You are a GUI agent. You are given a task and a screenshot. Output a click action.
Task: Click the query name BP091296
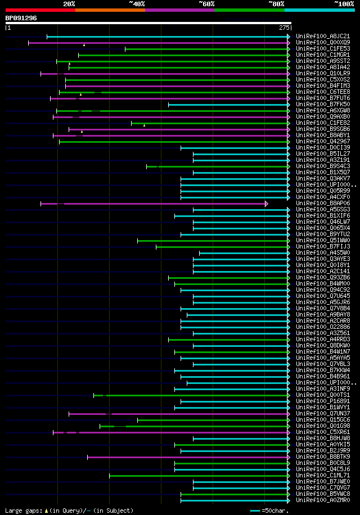[x=21, y=18]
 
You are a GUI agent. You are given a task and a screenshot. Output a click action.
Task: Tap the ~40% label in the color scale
[x=137, y=4]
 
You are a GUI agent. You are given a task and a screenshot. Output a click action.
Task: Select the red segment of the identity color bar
[x=40, y=10]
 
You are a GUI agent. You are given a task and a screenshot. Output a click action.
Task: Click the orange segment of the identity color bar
[x=110, y=10]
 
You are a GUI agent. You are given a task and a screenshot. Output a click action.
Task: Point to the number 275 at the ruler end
[x=283, y=28]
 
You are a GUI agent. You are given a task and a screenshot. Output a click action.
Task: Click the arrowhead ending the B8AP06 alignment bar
[x=266, y=204]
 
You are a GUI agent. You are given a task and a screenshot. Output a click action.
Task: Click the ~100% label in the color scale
[x=344, y=4]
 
